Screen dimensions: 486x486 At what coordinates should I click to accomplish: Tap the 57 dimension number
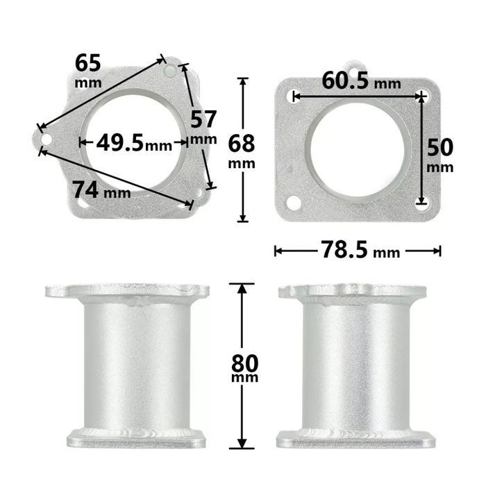pos(203,119)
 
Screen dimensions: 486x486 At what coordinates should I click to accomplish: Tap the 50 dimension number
pos(439,147)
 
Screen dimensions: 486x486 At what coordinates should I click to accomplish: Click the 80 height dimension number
pos(245,363)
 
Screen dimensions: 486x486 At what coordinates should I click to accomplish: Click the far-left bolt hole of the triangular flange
pos(46,140)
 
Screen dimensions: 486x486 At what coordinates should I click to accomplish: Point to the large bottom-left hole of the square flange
pos(294,203)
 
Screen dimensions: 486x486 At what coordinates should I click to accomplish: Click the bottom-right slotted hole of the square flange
pos(421,201)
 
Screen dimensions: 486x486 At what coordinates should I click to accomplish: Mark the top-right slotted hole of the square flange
pos(421,96)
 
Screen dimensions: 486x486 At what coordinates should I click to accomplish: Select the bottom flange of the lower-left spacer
pos(136,439)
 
